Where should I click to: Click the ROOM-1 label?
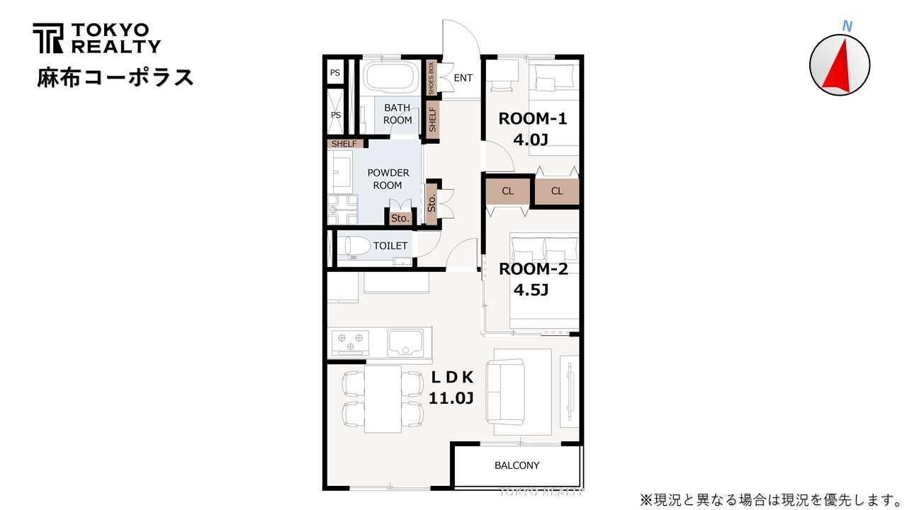pyautogui.click(x=532, y=118)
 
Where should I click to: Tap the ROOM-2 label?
pyautogui.click(x=534, y=269)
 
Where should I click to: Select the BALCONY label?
pyautogui.click(x=517, y=465)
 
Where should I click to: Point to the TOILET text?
pyautogui.click(x=390, y=246)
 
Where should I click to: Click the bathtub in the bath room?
pyautogui.click(x=390, y=79)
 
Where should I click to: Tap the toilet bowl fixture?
pyautogui.click(x=354, y=247)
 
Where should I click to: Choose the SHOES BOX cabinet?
pyautogui.click(x=431, y=78)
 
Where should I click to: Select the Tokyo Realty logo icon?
pyautogui.click(x=47, y=38)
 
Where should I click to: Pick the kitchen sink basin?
pyautogui.click(x=406, y=344)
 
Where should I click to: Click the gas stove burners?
pyautogui.click(x=350, y=342)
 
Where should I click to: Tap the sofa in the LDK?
pyautogui.click(x=505, y=392)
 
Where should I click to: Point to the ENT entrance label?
pyautogui.click(x=463, y=78)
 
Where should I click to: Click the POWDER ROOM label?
pyautogui.click(x=388, y=179)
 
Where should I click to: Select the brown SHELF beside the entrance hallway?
pyautogui.click(x=433, y=119)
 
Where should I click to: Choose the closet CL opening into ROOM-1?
pyautogui.click(x=557, y=191)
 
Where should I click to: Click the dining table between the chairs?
pyautogui.click(x=383, y=399)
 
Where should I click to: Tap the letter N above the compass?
pyautogui.click(x=847, y=27)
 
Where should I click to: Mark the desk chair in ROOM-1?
pyautogui.click(x=502, y=86)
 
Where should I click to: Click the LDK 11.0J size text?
pyautogui.click(x=451, y=398)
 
